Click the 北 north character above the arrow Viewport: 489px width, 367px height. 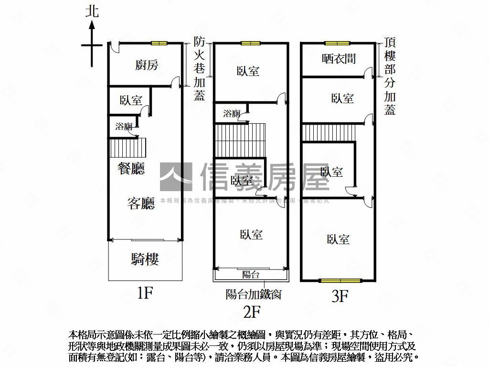(92, 11)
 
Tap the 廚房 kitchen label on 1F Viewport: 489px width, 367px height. (147, 65)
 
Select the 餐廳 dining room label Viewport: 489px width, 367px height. (132, 168)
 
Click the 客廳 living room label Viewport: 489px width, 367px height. (141, 204)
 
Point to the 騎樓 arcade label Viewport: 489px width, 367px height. (145, 259)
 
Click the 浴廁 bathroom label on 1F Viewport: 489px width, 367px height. (124, 127)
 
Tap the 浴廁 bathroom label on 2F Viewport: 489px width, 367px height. (232, 114)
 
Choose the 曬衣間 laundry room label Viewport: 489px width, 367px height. (339, 59)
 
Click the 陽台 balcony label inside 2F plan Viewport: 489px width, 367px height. (251, 275)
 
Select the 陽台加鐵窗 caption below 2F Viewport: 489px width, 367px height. (253, 294)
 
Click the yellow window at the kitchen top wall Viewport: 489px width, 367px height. (159, 43)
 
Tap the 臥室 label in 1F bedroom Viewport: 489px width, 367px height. (131, 100)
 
